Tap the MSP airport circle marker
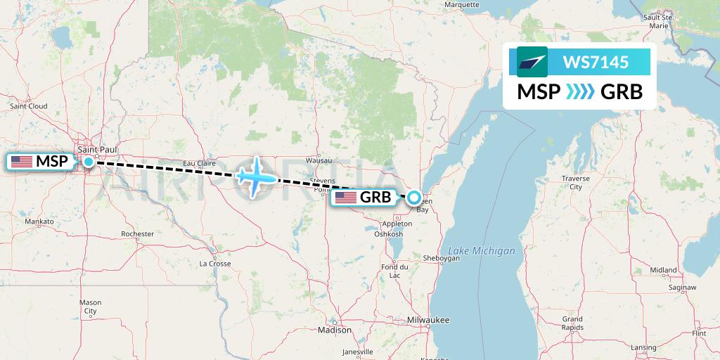coord(89,162)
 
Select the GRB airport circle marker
coord(415,198)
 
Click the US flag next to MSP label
coord(22,162)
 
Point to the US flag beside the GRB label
coord(346,198)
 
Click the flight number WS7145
coord(596,63)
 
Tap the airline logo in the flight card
coord(532,63)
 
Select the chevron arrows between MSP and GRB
coord(581,92)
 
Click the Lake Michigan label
coord(482,251)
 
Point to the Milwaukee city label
coord(427,320)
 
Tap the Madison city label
coord(334,330)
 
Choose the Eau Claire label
coord(199,163)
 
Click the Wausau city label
coord(319,160)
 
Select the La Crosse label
coord(215,264)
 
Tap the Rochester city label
coord(137,233)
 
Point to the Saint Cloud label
coord(28,106)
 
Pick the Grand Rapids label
coord(572,323)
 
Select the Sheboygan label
coord(442,258)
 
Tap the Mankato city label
coord(39,221)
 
